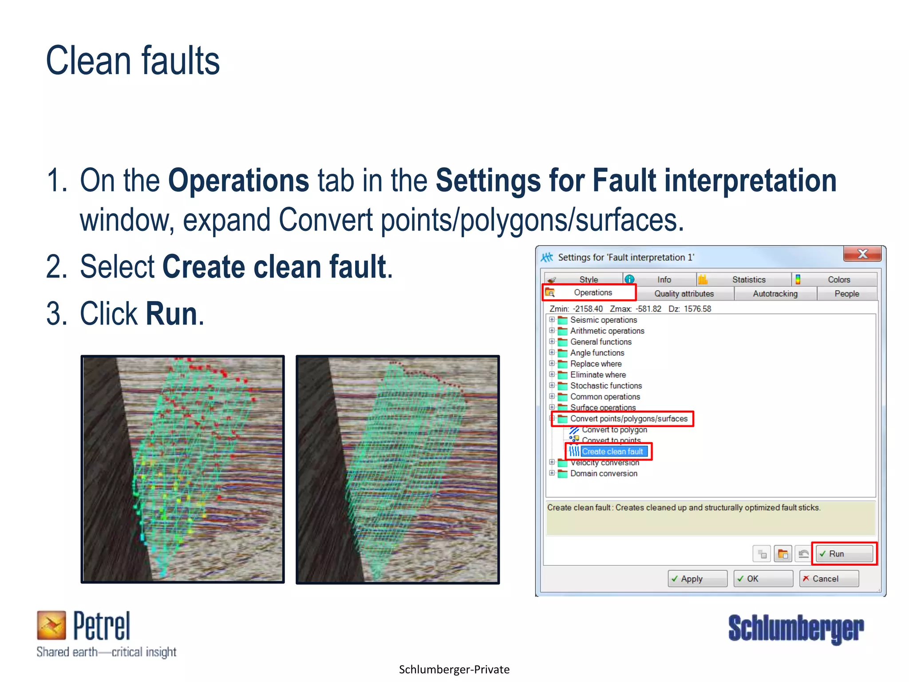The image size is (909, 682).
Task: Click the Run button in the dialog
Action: (x=844, y=554)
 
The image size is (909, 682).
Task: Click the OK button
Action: (x=763, y=579)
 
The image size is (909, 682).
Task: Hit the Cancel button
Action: (x=828, y=579)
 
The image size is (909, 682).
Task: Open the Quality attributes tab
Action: (x=684, y=293)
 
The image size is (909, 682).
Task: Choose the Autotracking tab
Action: (x=775, y=293)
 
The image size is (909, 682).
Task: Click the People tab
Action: (x=846, y=293)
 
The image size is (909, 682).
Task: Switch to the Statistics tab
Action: (x=748, y=279)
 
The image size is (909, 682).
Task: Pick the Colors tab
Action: (x=838, y=279)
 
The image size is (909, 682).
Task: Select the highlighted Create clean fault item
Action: (x=612, y=452)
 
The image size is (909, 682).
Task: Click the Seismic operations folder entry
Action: (x=603, y=320)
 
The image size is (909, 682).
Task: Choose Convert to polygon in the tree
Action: (x=614, y=430)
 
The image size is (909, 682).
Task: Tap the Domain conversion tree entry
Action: (x=604, y=473)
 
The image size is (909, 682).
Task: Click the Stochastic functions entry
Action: (x=606, y=385)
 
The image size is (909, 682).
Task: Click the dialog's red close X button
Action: (x=862, y=254)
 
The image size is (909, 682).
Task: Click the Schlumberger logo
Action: (x=796, y=628)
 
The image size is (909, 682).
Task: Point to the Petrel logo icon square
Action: (x=51, y=625)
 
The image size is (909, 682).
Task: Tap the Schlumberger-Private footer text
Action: (x=454, y=669)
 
